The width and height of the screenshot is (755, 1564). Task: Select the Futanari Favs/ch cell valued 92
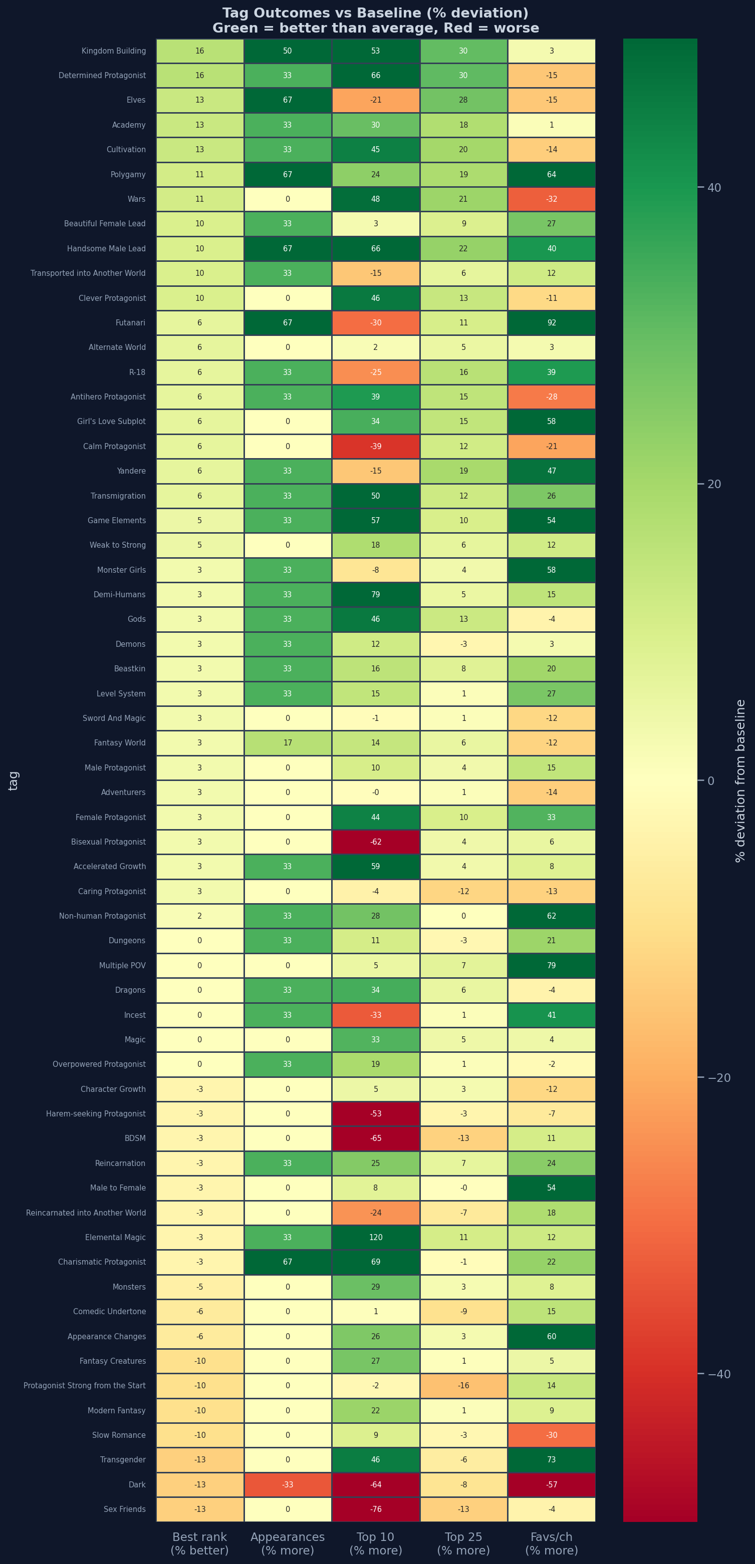pos(552,322)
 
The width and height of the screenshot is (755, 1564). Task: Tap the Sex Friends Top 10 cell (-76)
pos(375,1509)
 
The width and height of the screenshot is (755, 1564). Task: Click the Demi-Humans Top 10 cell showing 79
pos(375,594)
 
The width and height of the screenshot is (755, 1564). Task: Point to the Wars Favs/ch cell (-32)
pos(552,199)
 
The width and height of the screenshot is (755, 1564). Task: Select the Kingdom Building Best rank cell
pos(200,51)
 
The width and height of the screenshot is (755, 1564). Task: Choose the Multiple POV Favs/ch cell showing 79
pos(552,965)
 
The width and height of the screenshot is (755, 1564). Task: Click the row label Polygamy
pos(128,175)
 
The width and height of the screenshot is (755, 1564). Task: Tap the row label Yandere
pos(131,471)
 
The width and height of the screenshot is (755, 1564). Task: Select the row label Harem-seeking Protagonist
pos(96,1114)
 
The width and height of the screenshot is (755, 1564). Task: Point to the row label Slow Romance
pos(119,1435)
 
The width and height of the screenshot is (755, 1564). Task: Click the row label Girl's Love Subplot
pos(112,422)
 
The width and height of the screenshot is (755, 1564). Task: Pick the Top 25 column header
pos(463,1543)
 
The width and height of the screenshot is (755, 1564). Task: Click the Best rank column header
pos(200,1543)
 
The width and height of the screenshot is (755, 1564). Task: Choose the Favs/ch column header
pos(552,1543)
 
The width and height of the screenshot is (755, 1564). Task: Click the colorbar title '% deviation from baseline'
pos(740,781)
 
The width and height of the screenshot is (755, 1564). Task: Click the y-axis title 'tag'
pos(14,781)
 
